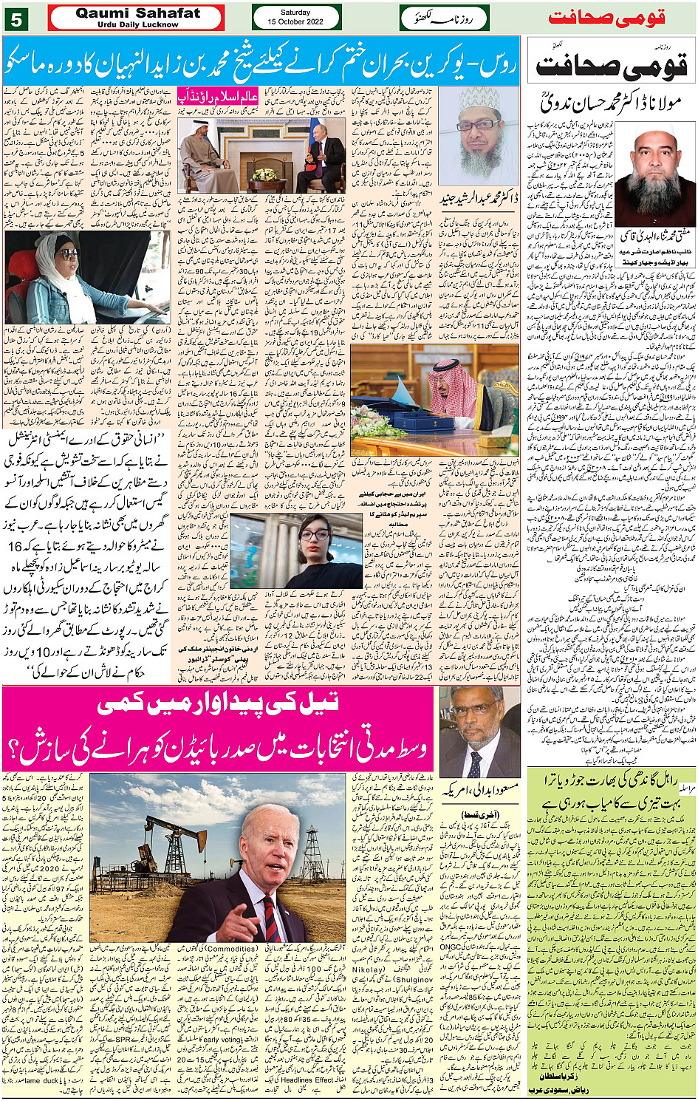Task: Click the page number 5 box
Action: click(x=16, y=18)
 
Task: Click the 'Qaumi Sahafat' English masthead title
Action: click(x=137, y=13)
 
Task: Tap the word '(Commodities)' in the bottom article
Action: click(x=231, y=948)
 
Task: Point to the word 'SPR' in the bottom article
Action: click(x=123, y=1039)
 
